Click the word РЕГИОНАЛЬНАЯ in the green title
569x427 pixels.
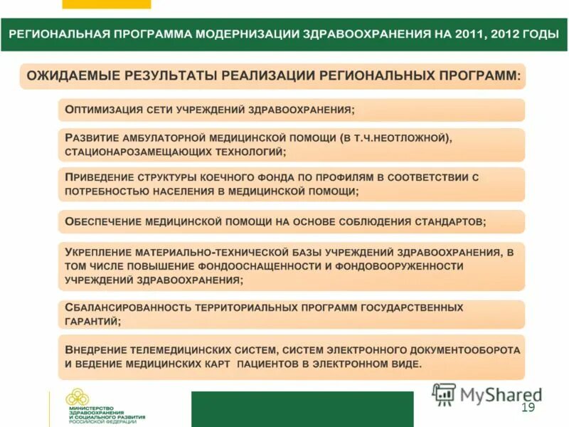(x=58, y=34)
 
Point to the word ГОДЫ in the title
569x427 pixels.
(x=538, y=34)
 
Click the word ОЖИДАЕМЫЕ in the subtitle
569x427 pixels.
(x=73, y=75)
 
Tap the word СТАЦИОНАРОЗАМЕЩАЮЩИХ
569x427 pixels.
(x=139, y=152)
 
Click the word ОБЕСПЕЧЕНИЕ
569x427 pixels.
(x=102, y=221)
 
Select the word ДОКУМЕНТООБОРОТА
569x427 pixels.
(x=455, y=350)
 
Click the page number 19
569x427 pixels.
(x=528, y=408)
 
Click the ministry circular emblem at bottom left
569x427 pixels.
(x=77, y=399)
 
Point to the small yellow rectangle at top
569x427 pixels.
(x=107, y=4)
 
